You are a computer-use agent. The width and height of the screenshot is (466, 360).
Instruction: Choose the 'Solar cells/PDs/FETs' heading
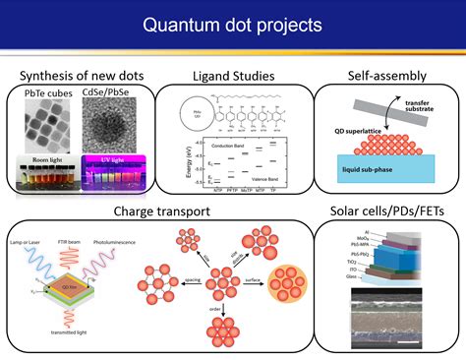point(386,210)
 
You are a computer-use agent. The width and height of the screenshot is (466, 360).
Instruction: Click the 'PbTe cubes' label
point(47,93)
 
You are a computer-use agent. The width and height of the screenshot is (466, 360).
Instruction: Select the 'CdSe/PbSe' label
point(115,93)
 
